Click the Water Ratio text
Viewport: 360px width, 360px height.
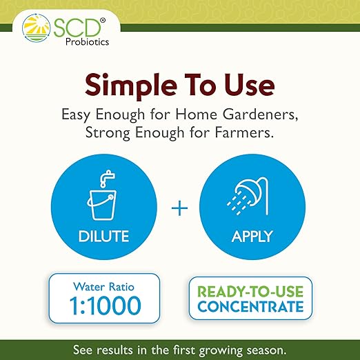coord(103,286)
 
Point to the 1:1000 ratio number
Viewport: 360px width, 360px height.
coord(103,304)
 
